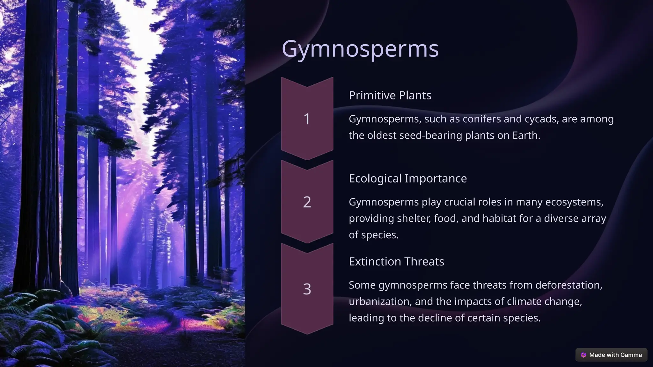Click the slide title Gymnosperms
(x=360, y=49)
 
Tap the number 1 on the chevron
(x=307, y=119)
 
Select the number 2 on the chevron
(x=307, y=202)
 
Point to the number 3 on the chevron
(x=307, y=289)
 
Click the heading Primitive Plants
(x=390, y=95)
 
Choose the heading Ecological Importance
(x=407, y=178)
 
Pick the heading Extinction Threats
(x=396, y=262)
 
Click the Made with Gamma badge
(x=611, y=355)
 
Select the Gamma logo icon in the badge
(x=583, y=355)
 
